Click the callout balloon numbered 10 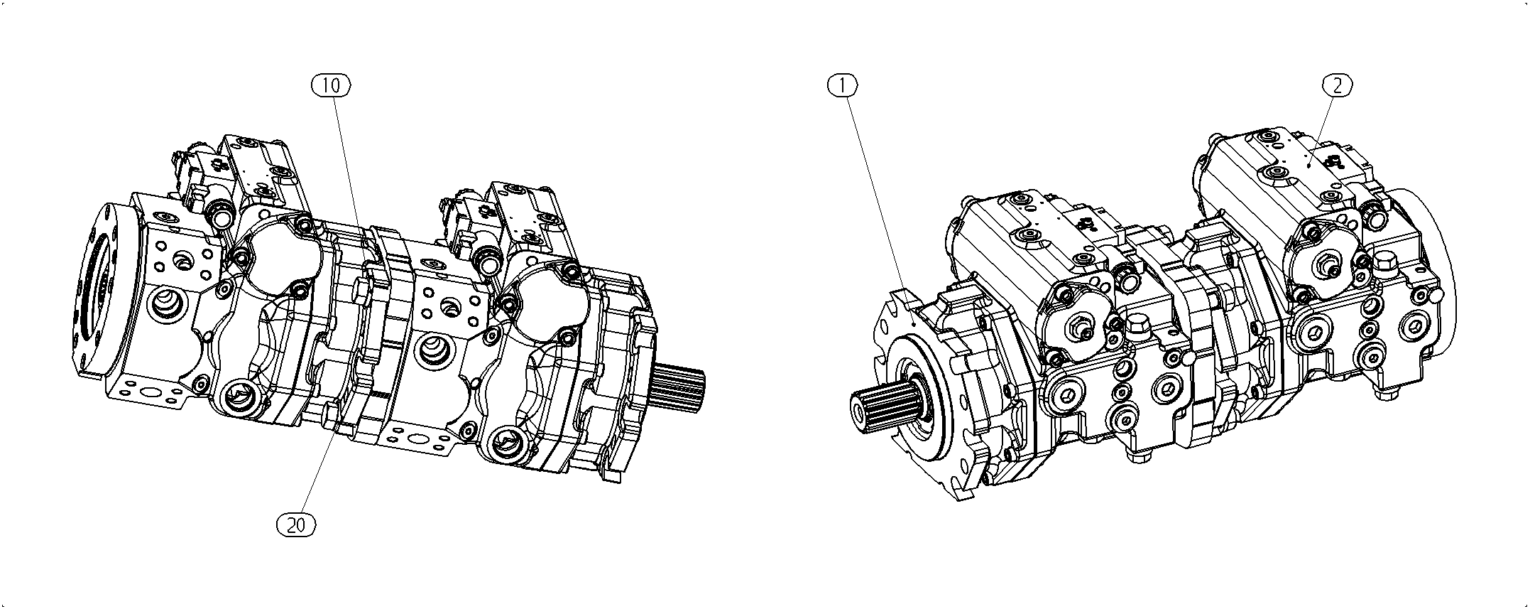point(332,85)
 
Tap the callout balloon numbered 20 point(296,525)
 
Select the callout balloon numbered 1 point(843,85)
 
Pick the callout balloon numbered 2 point(1337,85)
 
